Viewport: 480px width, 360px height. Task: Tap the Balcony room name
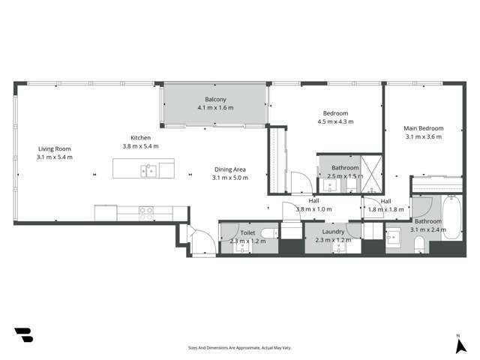215,99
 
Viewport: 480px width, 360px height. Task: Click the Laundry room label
330,232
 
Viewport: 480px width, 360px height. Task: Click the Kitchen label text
141,138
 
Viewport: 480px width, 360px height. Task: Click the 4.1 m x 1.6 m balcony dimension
215,108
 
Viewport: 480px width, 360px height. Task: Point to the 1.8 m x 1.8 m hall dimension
385,210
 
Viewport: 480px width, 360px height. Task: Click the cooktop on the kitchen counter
145,212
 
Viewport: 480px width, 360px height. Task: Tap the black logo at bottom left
23,335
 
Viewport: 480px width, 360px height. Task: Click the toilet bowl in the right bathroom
419,245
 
